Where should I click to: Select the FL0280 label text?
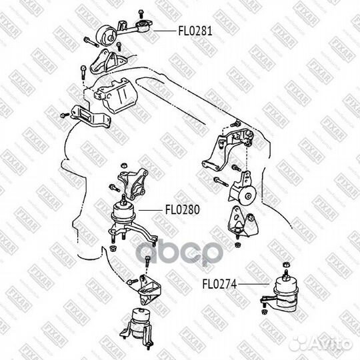183,209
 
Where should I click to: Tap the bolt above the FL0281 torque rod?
141,13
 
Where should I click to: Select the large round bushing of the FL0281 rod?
107,35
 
